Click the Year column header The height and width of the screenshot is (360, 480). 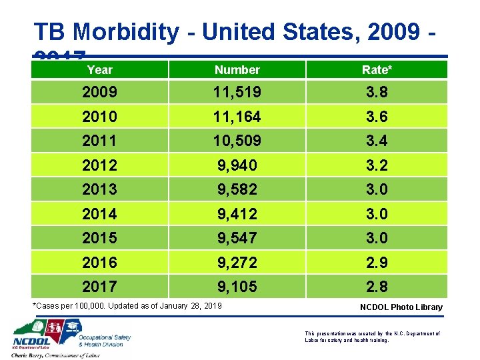(100, 69)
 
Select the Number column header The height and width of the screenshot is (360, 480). (237, 69)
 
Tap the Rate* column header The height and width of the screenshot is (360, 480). (377, 69)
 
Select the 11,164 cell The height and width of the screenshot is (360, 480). (237, 117)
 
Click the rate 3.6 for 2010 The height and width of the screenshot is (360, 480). (376, 117)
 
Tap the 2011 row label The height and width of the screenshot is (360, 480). (99, 141)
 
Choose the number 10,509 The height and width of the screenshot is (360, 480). (237, 141)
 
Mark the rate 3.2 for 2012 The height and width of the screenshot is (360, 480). (376, 165)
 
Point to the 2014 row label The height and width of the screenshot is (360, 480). (99, 214)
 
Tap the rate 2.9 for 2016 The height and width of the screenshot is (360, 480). (376, 263)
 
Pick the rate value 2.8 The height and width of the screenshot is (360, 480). (376, 287)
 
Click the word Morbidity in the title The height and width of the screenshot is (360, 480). (126, 31)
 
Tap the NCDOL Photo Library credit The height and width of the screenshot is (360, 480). (401, 307)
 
